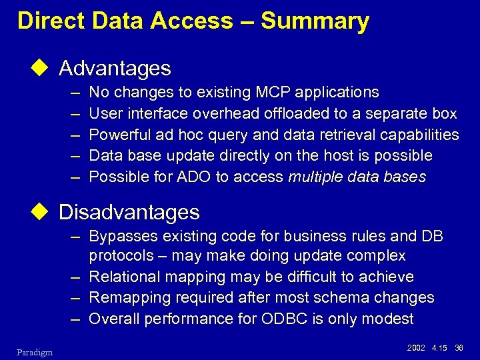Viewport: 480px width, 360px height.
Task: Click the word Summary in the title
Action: coord(315,21)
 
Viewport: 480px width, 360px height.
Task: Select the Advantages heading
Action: coord(115,68)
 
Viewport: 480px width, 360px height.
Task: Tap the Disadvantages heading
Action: coord(129,212)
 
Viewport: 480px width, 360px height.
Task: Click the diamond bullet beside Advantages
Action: coord(45,68)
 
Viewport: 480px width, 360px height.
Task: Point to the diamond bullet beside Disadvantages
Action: coord(45,212)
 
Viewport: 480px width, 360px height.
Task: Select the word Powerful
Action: coord(118,135)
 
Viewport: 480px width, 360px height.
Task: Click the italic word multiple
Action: coord(316,177)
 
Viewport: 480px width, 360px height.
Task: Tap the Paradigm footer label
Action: coord(33,352)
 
